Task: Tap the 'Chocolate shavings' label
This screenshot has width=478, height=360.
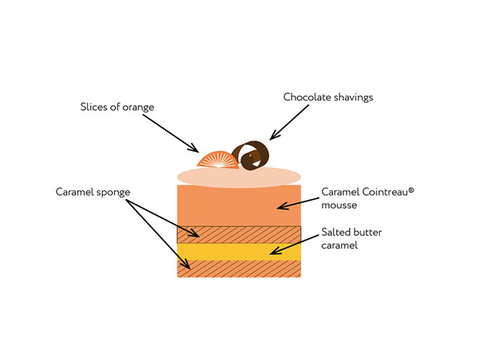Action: coord(328,97)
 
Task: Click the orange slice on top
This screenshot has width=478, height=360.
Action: coord(216,159)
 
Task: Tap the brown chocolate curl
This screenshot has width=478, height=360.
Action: coord(251,155)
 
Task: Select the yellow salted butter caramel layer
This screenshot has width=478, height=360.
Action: coord(238,252)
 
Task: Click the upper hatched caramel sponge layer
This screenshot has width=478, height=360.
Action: coord(238,234)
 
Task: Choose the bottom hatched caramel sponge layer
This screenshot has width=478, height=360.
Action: coord(238,269)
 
